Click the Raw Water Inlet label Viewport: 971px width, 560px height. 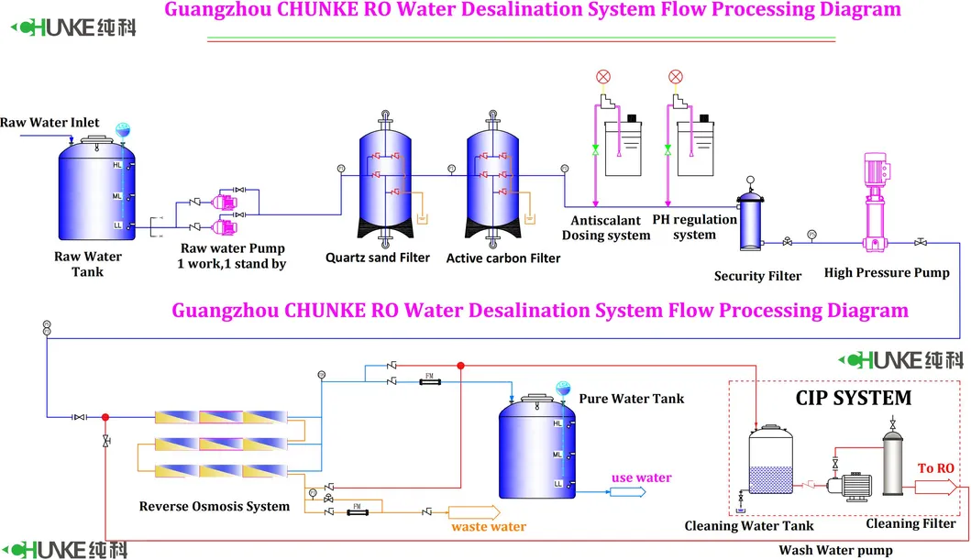(50, 122)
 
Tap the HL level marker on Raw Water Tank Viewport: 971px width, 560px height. (116, 165)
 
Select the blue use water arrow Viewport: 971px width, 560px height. (628, 491)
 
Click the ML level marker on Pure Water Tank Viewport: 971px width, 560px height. (557, 454)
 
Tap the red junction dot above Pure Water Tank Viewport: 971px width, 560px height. (461, 366)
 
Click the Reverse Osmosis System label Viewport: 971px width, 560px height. (214, 506)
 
